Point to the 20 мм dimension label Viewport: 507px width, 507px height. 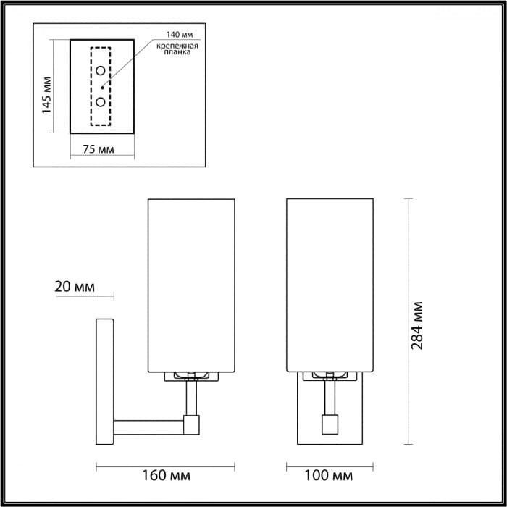pyautogui.click(x=75, y=286)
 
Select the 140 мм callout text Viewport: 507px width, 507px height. pyautogui.click(x=179, y=35)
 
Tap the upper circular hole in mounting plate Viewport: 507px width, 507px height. pyautogui.click(x=101, y=70)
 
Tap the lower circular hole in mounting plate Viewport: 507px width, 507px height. pyautogui.click(x=101, y=101)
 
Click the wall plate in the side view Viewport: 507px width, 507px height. pyautogui.click(x=104, y=381)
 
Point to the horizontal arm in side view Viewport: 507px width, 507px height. pyautogui.click(x=148, y=425)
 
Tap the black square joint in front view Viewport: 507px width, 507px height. pyautogui.click(x=329, y=423)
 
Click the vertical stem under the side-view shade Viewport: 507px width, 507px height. pyautogui.click(x=192, y=397)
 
